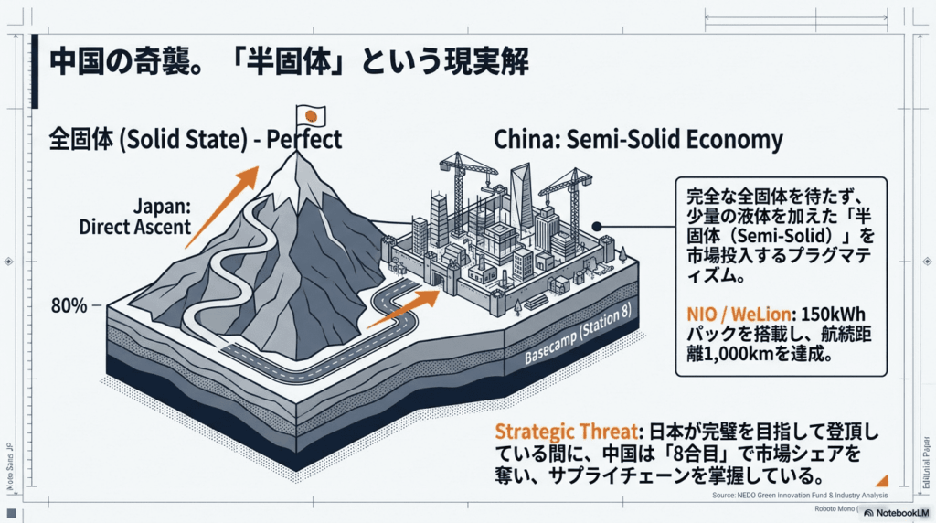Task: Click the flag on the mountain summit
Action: tap(311, 115)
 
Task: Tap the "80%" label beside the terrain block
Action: tap(69, 306)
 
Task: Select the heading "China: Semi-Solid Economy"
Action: tap(638, 140)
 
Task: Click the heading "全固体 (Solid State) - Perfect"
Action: tap(196, 140)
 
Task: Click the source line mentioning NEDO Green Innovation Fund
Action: tap(798, 496)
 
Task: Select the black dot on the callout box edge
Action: tap(596, 226)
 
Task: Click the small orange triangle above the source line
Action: tap(882, 479)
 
